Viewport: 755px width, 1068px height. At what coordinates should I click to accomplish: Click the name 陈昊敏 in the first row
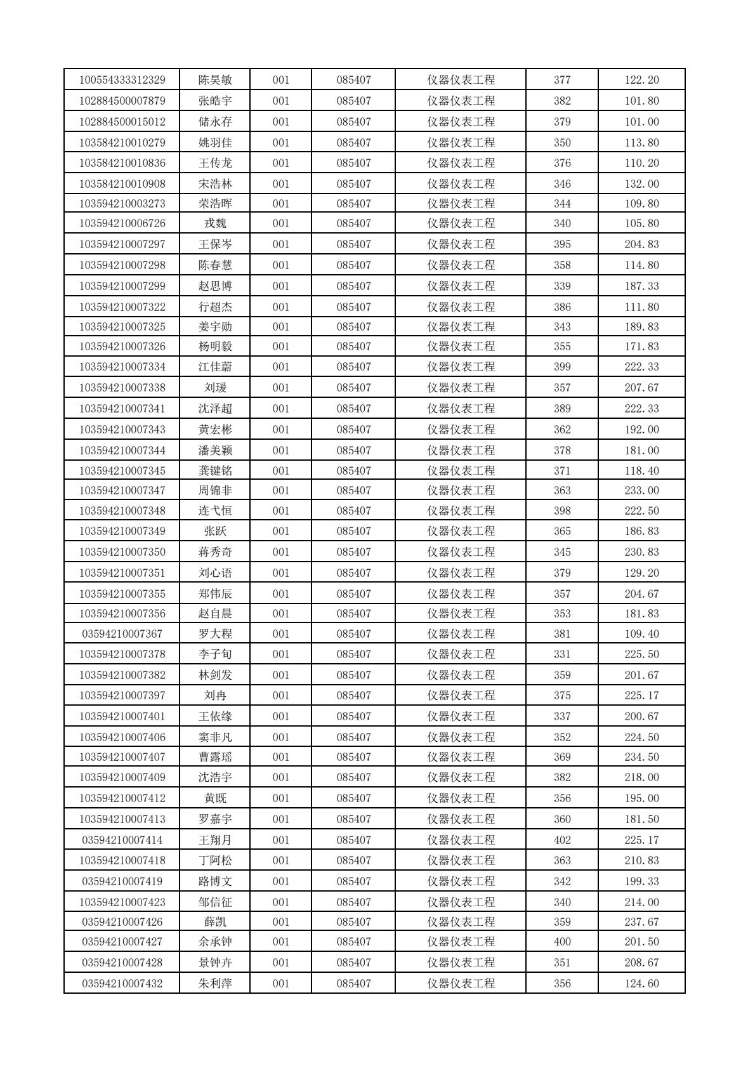click(215, 80)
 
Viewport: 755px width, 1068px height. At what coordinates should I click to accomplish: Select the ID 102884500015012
click(122, 121)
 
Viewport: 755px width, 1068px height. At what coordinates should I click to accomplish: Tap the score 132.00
click(641, 183)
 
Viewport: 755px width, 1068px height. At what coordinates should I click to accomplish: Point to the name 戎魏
click(215, 223)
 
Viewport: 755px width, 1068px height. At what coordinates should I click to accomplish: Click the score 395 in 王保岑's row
click(562, 244)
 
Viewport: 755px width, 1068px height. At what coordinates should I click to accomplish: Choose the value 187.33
click(641, 286)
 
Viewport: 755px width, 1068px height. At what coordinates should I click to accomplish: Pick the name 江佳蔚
click(215, 367)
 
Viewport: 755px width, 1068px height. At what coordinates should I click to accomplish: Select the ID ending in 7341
click(122, 409)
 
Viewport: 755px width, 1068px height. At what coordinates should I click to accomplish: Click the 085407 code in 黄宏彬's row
click(353, 430)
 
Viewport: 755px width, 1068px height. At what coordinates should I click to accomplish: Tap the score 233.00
click(641, 491)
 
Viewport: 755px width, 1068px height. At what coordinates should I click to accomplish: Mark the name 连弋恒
click(215, 511)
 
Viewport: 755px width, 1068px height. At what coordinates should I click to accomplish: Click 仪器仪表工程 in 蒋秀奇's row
click(461, 552)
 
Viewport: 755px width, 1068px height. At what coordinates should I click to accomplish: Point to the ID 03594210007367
click(122, 634)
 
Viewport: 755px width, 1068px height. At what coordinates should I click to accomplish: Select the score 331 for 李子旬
click(562, 654)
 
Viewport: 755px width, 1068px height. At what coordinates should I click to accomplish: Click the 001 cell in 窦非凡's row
click(280, 737)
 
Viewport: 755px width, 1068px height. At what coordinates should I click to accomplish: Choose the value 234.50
click(641, 757)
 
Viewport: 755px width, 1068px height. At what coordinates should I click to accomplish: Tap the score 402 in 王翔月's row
click(562, 840)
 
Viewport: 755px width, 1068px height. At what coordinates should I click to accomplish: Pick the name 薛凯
click(215, 922)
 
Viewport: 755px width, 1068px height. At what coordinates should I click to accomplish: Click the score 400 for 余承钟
click(562, 942)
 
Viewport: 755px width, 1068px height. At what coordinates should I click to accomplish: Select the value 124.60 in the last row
click(641, 984)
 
